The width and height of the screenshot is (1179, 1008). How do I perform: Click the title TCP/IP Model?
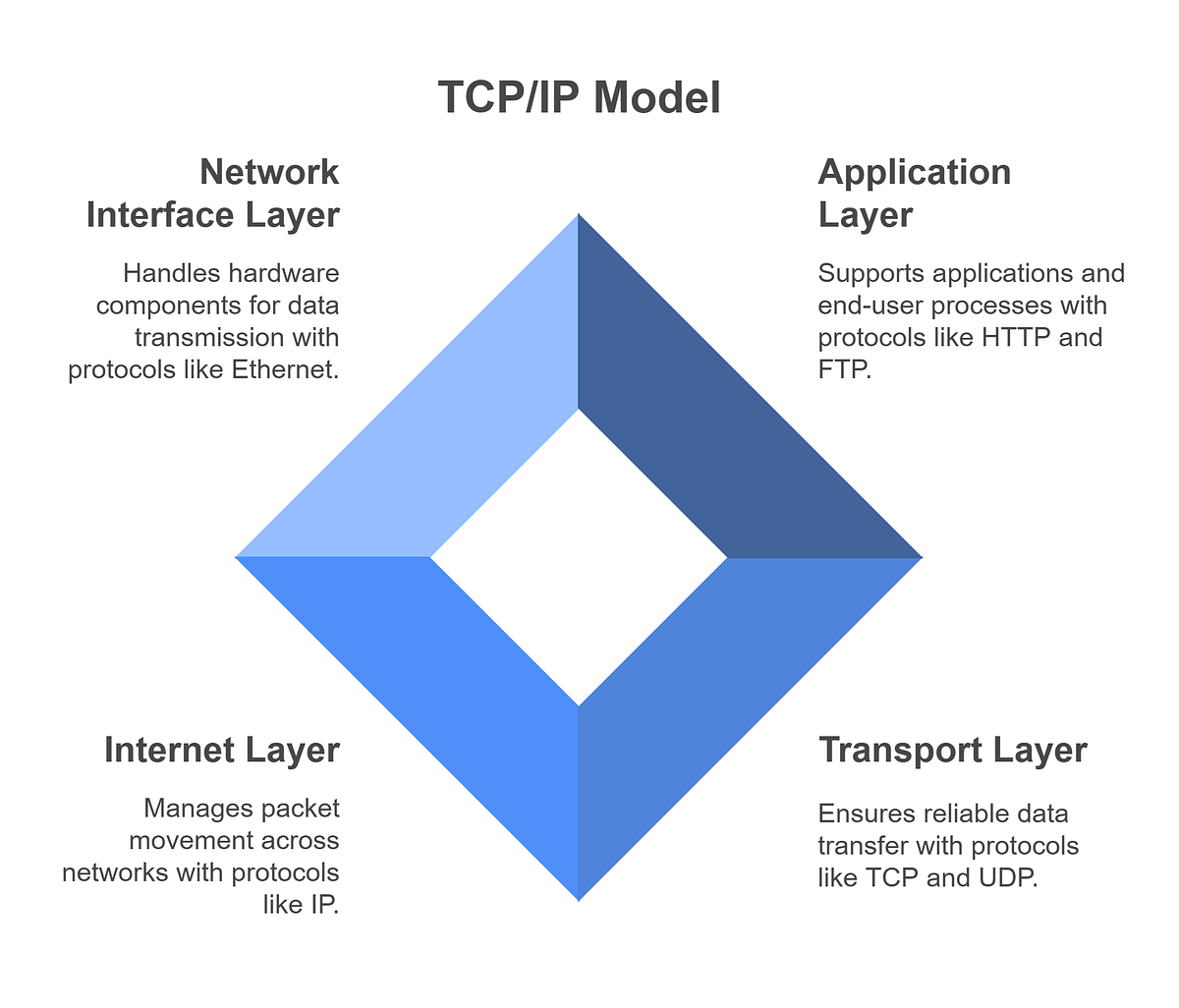click(x=579, y=98)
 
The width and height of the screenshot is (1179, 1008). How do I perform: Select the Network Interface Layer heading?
click(x=213, y=194)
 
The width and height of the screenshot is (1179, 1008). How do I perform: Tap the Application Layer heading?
click(x=914, y=194)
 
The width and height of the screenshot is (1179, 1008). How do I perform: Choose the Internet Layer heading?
click(x=222, y=750)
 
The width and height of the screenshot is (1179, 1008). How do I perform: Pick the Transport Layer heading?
click(x=952, y=750)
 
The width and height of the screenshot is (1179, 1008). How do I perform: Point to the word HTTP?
click(x=1015, y=338)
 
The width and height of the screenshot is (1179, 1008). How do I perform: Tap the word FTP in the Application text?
click(x=841, y=370)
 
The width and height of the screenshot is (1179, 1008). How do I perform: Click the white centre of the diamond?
click(x=579, y=557)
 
